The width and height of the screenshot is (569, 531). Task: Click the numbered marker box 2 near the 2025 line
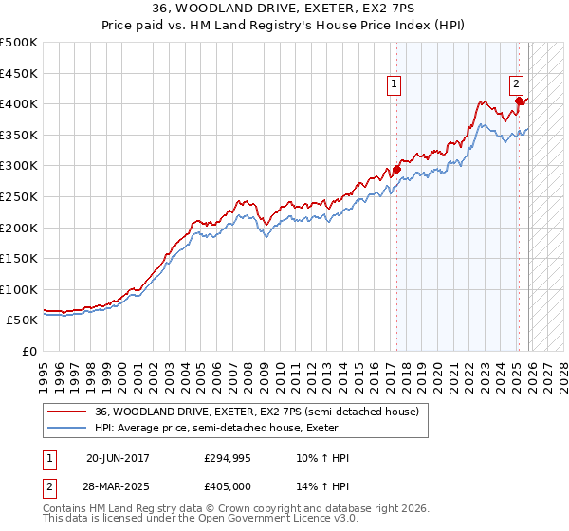517,83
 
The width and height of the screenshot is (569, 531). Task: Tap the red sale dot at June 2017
396,169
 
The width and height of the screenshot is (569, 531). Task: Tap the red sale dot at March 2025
520,101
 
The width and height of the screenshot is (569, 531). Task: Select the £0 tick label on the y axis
30,351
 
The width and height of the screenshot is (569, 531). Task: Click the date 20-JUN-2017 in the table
118,458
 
